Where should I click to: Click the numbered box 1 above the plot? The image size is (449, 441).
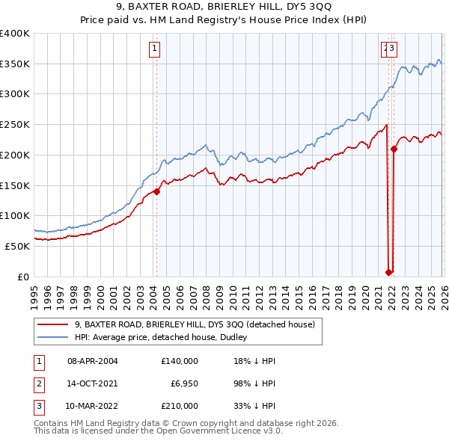point(154,49)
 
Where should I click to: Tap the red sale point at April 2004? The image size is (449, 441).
point(156,191)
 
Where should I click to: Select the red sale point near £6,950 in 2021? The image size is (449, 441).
point(388,272)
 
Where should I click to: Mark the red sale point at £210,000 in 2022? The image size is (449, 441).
point(394,149)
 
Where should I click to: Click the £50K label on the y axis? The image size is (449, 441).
point(18,246)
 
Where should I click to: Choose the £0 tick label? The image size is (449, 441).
point(23,277)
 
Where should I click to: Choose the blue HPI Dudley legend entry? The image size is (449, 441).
point(165,338)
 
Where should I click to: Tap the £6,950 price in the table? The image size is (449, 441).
point(183,383)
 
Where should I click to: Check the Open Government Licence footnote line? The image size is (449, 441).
point(159,431)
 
